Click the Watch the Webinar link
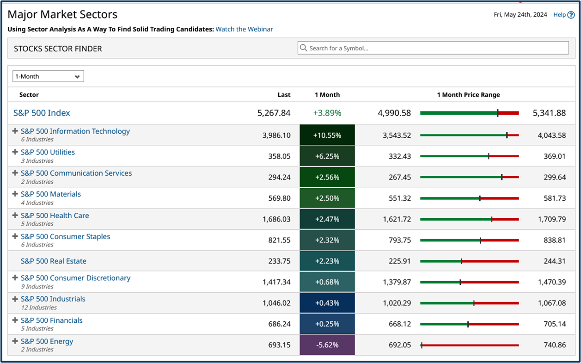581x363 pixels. tap(244, 29)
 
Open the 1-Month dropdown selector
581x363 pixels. tap(48, 76)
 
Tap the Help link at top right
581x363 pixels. tap(563, 15)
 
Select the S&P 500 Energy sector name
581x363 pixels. tap(47, 341)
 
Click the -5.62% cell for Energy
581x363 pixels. tap(327, 345)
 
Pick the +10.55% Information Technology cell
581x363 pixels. tap(327, 135)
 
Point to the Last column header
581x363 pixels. tap(284, 95)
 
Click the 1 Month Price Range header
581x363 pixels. tap(468, 95)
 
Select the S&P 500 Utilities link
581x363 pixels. tap(48, 152)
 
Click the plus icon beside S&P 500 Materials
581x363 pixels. tap(15, 194)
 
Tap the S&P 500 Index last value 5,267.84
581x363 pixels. tap(274, 113)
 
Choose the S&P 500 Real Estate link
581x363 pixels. tap(54, 261)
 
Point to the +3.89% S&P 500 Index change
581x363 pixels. tap(327, 113)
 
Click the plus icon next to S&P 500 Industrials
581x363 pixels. tap(15, 299)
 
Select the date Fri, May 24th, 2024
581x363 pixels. tap(520, 15)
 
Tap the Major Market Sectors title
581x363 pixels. tap(62, 14)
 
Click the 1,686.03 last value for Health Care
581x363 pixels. tap(276, 219)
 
